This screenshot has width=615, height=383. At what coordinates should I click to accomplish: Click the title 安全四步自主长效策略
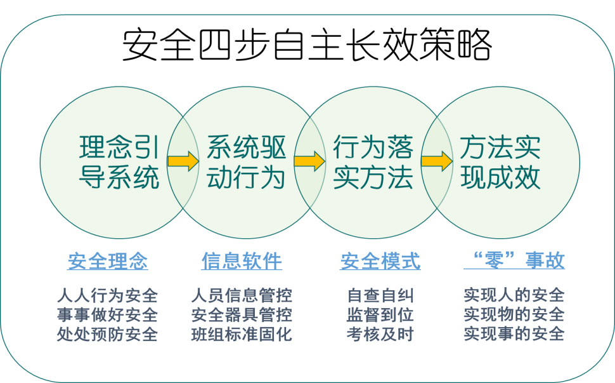pyautogui.click(x=307, y=44)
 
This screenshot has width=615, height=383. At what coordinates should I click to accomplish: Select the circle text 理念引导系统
pyautogui.click(x=119, y=162)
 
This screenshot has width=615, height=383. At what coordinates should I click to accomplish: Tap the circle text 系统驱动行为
pyautogui.click(x=246, y=162)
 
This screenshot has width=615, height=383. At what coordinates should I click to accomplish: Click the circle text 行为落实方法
pyautogui.click(x=373, y=162)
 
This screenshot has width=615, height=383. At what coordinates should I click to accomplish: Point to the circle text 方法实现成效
pyautogui.click(x=500, y=162)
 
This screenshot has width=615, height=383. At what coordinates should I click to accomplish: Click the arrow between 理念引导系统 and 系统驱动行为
pyautogui.click(x=183, y=161)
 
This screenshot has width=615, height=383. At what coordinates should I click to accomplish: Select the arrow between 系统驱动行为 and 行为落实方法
pyautogui.click(x=309, y=161)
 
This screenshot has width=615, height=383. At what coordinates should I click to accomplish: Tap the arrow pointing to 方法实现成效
pyautogui.click(x=437, y=161)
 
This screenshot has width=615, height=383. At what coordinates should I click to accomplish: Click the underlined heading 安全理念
pyautogui.click(x=108, y=261)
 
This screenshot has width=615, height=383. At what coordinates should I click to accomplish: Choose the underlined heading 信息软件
pyautogui.click(x=242, y=261)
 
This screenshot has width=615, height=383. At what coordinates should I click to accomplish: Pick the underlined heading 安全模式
pyautogui.click(x=380, y=261)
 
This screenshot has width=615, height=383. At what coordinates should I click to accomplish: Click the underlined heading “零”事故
pyautogui.click(x=514, y=260)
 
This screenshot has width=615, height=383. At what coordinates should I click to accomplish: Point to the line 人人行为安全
pyautogui.click(x=108, y=295)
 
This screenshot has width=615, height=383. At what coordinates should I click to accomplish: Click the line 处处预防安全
pyautogui.click(x=108, y=334)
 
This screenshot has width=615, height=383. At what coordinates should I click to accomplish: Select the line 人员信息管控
pyautogui.click(x=242, y=295)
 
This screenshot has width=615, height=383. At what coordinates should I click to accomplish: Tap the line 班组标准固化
pyautogui.click(x=242, y=334)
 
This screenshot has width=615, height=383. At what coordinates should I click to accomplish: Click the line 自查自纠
pyautogui.click(x=380, y=295)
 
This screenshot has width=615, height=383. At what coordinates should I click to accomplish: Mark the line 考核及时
pyautogui.click(x=380, y=334)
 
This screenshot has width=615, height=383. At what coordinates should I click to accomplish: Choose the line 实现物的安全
pyautogui.click(x=514, y=314)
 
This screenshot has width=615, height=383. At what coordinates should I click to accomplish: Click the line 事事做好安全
pyautogui.click(x=108, y=314)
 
